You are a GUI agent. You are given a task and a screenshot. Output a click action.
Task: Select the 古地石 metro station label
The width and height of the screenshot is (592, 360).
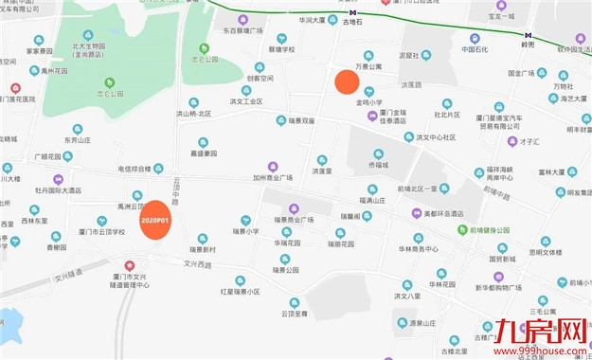coord(353,21)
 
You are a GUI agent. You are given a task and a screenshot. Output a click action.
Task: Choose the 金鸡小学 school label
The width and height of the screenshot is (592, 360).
coord(368,100)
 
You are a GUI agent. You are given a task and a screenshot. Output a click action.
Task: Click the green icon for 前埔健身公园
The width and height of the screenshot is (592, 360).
coord(460,229)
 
